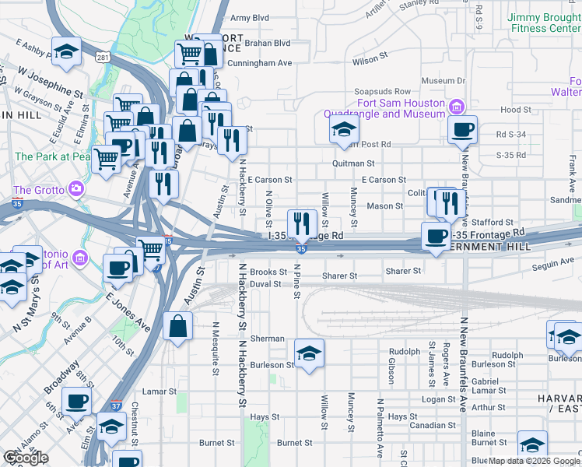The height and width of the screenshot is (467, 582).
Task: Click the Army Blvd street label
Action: pos(250,17)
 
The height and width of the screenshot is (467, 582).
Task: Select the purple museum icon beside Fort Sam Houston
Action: pos(458,107)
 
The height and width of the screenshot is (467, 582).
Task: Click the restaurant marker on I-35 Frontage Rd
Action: pos(302,223)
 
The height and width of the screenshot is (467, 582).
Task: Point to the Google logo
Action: pos(26,458)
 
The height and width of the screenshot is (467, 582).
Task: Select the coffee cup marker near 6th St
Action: pos(76,401)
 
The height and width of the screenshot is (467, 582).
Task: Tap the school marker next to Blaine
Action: pos(532,444)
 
